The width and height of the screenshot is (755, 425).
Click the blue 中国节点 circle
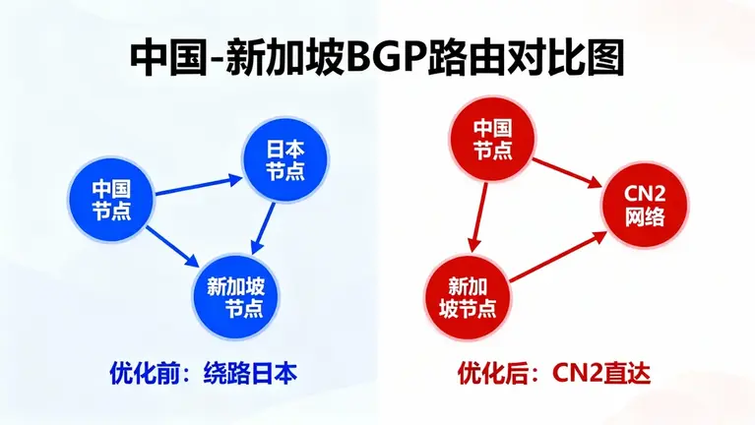110,197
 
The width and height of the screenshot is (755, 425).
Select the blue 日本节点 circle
284,158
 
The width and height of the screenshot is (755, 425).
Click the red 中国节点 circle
493,139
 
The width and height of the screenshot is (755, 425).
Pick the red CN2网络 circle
646,208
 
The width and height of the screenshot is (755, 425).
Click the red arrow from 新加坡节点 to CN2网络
558,258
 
